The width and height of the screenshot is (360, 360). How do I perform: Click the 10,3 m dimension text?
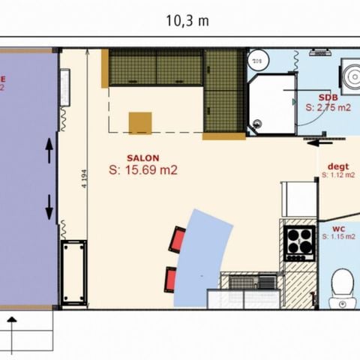click(187, 21)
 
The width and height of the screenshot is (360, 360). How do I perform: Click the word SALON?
click(142, 158)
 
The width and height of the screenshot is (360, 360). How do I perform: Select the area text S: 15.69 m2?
click(143, 170)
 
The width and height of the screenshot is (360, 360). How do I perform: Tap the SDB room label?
click(328, 98)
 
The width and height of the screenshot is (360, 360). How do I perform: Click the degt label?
click(338, 166)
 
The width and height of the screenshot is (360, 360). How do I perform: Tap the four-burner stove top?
click(298, 241)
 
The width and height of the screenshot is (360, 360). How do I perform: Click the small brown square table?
click(140, 122)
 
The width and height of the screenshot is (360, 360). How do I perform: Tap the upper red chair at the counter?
click(178, 239)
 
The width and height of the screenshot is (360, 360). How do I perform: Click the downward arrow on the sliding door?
click(49, 206)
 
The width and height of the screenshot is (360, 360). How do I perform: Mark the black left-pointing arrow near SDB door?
click(324, 141)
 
